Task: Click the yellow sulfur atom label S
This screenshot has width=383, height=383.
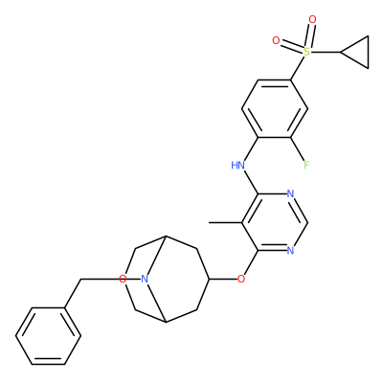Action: pyautogui.click(x=306, y=52)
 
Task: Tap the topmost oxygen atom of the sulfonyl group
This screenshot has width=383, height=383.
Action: pyautogui.click(x=313, y=19)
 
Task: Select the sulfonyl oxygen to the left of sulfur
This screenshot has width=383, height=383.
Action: pyautogui.click(x=276, y=40)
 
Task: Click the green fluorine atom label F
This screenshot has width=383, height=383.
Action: pyautogui.click(x=306, y=165)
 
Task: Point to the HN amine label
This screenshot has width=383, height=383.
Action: pyautogui.click(x=238, y=165)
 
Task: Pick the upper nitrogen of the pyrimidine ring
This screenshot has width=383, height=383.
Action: pyautogui.click(x=290, y=193)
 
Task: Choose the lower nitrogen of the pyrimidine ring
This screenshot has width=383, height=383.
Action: pyautogui.click(x=290, y=251)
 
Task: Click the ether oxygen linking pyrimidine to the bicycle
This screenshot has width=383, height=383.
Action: pyautogui.click(x=241, y=280)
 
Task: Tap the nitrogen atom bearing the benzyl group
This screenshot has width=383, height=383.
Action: pyautogui.click(x=145, y=280)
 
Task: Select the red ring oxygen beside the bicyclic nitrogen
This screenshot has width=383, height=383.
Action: pyautogui.click(x=123, y=280)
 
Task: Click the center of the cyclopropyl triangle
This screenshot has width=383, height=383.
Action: pyautogui.click(x=359, y=52)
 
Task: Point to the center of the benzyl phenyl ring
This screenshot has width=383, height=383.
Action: pyautogui.click(x=48, y=336)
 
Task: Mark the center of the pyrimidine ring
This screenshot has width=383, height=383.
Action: pyautogui.click(x=274, y=222)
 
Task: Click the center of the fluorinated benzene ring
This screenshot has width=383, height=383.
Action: pyautogui.click(x=275, y=108)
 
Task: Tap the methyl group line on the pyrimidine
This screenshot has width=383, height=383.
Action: pyautogui.click(x=225, y=222)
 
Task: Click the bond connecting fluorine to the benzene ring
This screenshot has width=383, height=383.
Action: pyautogui.click(x=298, y=149)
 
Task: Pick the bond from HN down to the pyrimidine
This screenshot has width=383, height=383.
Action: pyautogui.click(x=251, y=182)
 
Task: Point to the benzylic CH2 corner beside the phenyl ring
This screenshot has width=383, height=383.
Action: pyautogui.click(x=81, y=280)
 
